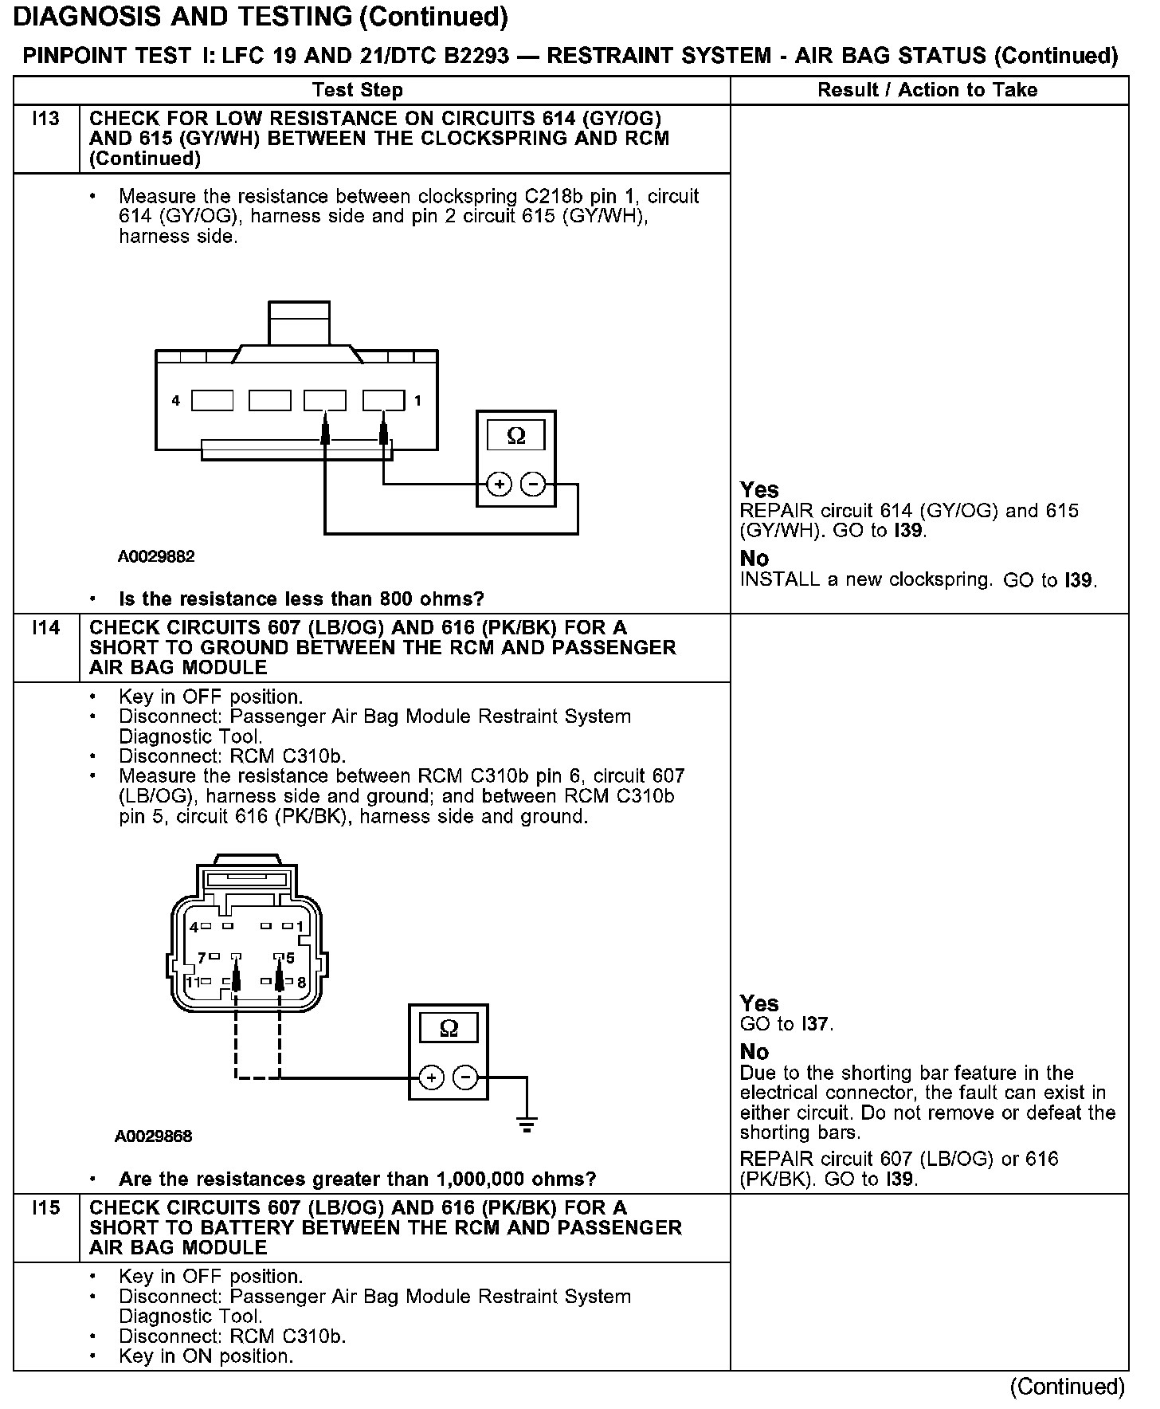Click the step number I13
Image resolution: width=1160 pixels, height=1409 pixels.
(x=46, y=120)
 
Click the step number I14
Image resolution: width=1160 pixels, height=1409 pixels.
(x=46, y=628)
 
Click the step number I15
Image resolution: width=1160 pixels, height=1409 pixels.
(x=46, y=1208)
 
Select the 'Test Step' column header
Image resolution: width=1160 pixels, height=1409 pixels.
(x=358, y=90)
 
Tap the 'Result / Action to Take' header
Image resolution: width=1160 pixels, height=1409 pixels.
(x=927, y=90)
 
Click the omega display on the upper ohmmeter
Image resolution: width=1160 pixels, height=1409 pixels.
(x=516, y=436)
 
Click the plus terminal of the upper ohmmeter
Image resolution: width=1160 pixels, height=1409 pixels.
(x=500, y=484)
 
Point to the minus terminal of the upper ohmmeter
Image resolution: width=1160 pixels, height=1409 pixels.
(x=533, y=484)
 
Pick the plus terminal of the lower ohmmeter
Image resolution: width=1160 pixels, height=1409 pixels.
(x=431, y=1078)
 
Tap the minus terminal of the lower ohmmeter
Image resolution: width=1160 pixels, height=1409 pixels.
(x=465, y=1078)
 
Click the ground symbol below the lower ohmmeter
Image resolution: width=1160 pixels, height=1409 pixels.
(x=526, y=1124)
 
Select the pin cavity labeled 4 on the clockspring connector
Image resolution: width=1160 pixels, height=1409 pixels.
(x=212, y=400)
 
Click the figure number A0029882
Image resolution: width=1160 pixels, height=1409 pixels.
(x=156, y=556)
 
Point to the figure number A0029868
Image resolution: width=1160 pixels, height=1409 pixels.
(x=153, y=1136)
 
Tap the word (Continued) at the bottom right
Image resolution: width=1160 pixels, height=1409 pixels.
(x=1067, y=1387)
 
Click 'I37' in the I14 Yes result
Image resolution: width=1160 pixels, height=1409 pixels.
(x=816, y=1024)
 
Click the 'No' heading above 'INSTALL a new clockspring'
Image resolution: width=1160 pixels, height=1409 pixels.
(x=754, y=558)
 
